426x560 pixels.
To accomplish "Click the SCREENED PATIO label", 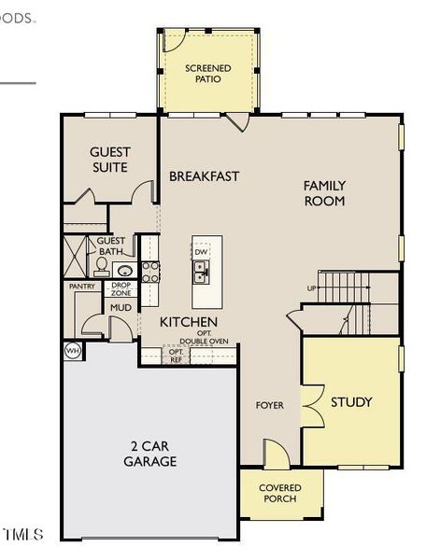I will coord(207,74).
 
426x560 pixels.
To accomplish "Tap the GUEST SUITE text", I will coord(109,160).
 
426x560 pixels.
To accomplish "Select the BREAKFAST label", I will coord(204,175).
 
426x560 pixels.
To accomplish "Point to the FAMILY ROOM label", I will coord(324,193).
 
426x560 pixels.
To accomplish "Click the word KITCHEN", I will coord(189,321).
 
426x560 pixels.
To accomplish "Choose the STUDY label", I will coord(351,401).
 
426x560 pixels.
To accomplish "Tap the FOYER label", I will coord(270,405).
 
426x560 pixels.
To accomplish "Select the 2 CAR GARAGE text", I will coord(151,454).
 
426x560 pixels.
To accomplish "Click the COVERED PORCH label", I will coord(279,493).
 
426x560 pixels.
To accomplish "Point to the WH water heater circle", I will coord(72,351).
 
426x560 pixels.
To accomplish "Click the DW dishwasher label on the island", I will coord(201,252).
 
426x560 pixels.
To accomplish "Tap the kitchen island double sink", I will coord(201,272).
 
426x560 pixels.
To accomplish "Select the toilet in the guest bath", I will coord(102,265).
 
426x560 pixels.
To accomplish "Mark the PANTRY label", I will coord(81,287).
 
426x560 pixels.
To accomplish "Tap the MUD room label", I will coord(121,307).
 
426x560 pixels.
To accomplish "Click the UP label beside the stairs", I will coord(311,287).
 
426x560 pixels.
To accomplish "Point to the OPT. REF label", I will coord(176,355).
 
